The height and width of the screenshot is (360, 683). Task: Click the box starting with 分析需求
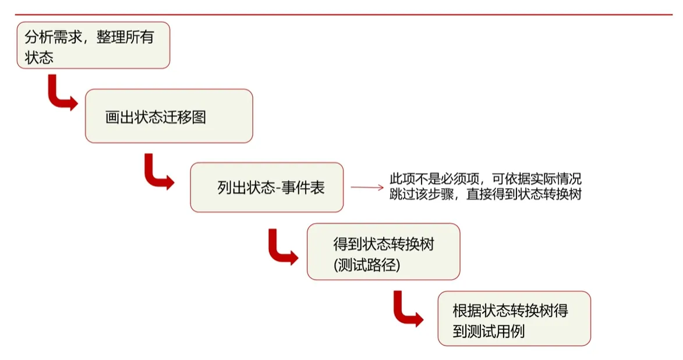point(93,45)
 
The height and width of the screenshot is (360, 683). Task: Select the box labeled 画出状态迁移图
point(169,116)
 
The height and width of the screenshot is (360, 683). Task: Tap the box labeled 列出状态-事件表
point(267,187)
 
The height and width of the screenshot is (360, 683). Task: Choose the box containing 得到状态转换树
point(383,251)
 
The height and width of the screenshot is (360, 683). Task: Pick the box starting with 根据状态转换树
point(514,318)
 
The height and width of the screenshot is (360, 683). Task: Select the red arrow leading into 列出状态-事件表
point(157,174)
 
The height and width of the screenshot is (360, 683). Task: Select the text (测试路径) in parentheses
point(367,266)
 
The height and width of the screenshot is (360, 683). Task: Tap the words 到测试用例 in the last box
point(489,331)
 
